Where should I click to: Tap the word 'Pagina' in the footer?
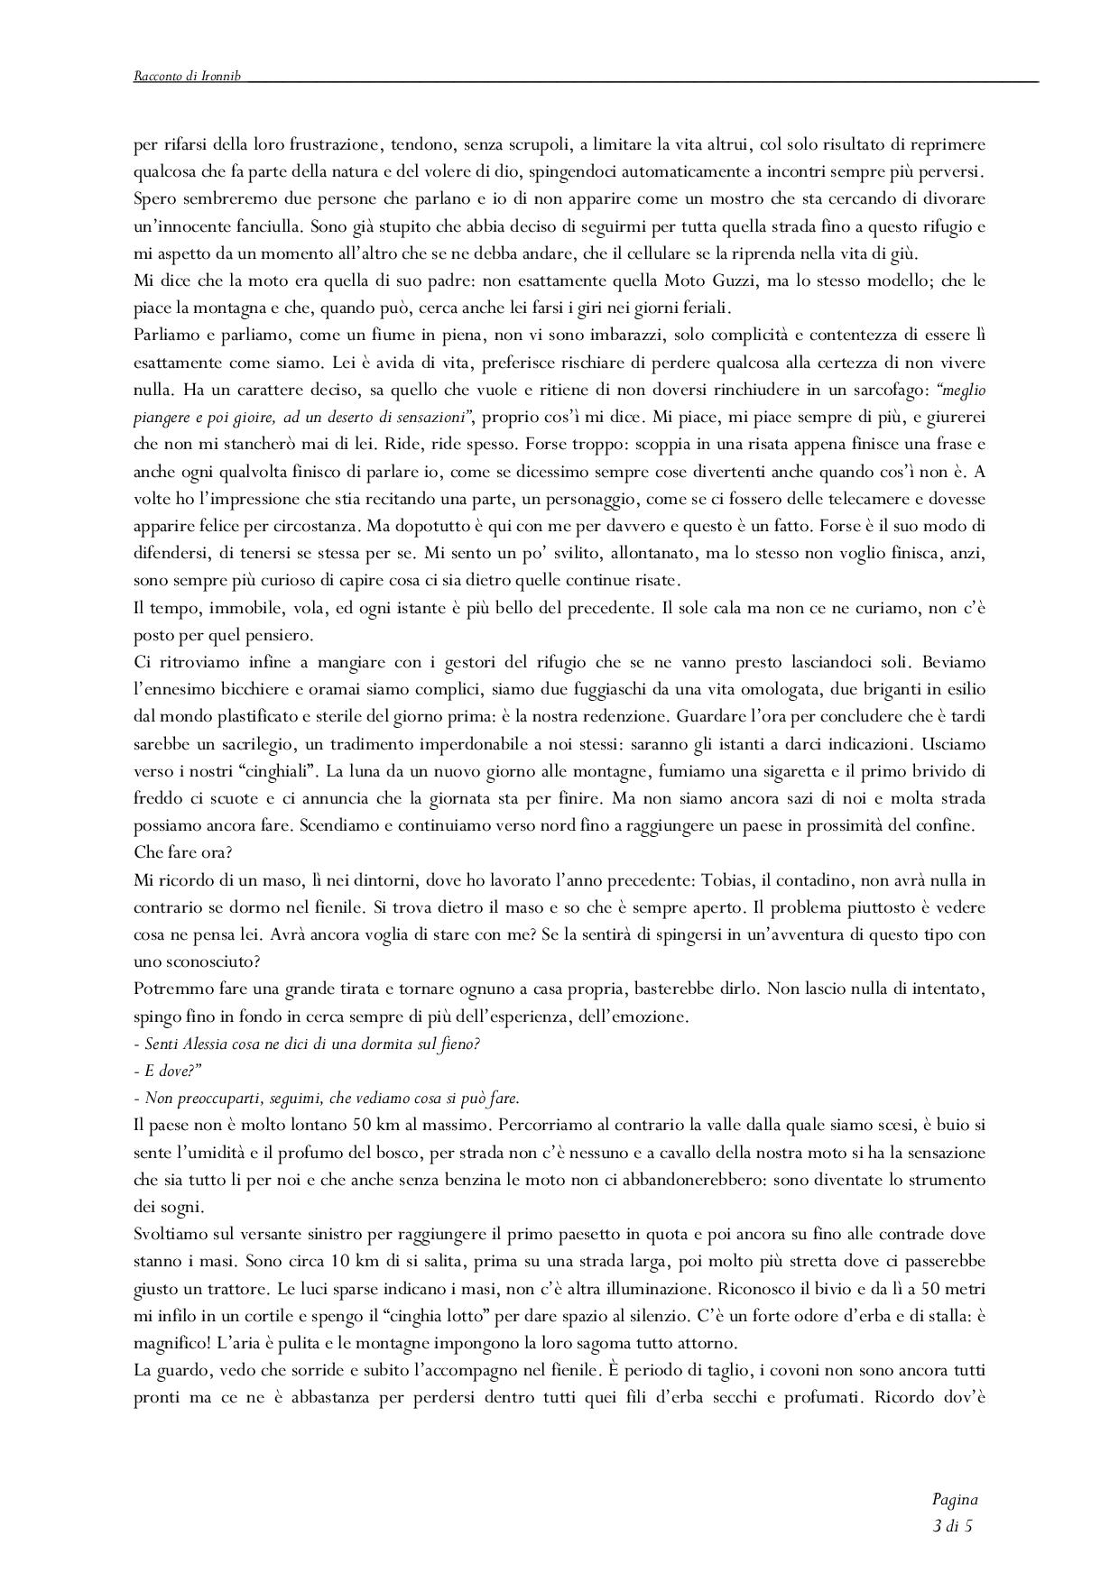[x=955, y=1500]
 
